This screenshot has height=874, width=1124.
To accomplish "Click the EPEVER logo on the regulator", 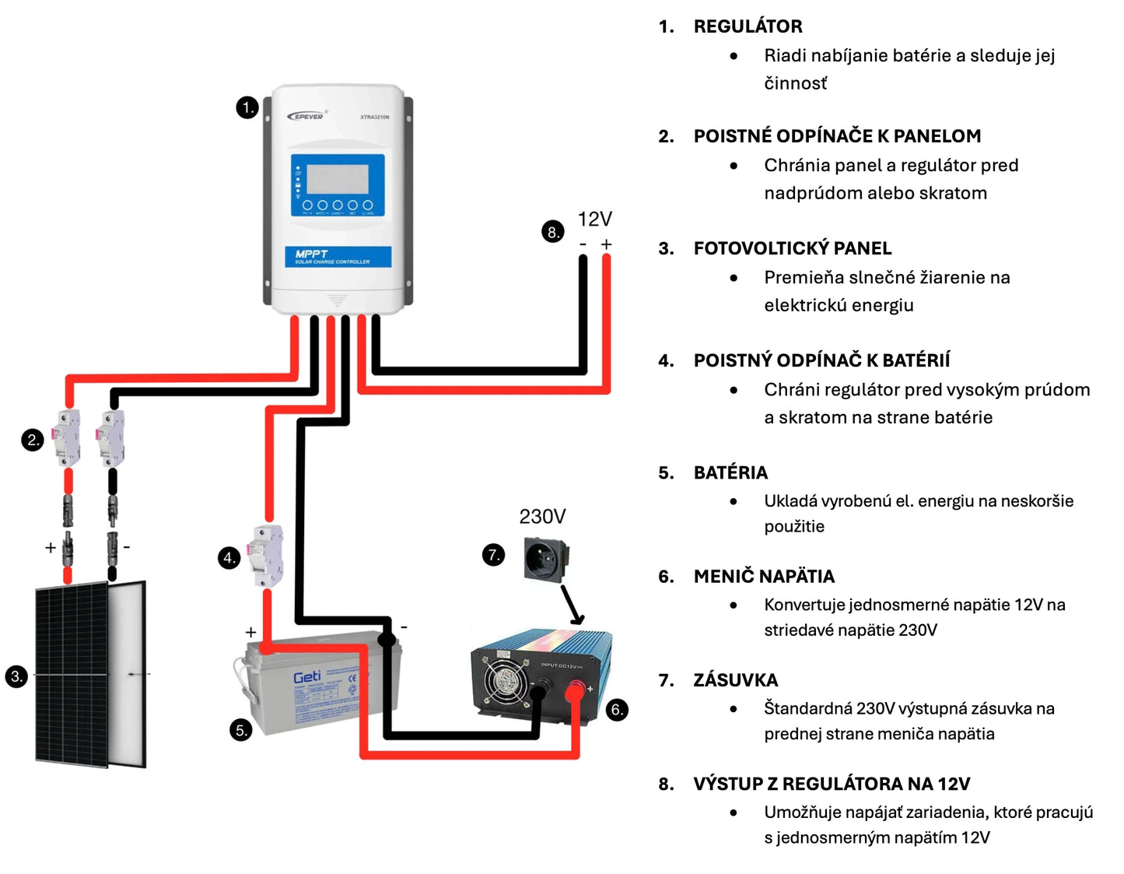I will coord(307,116).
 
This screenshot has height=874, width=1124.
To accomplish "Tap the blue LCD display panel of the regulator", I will coord(338,184).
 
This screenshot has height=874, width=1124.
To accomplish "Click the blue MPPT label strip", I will coord(338,257).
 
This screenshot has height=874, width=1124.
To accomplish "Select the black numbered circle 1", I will coord(247,107).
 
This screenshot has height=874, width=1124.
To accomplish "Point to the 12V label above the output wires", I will coord(595,219).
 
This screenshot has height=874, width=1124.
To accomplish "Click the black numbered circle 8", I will coord(552,232).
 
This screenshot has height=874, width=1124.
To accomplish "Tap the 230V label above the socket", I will coord(542,516).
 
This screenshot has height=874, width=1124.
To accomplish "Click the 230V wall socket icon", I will coord(546,558).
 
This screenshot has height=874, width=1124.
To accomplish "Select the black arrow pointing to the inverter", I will coord(572,605).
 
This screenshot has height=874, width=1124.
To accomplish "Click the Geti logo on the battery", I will coord(306,677).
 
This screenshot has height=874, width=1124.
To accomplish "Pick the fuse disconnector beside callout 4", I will coord(266,556).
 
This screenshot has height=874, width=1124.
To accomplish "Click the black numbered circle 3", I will coord(16,676).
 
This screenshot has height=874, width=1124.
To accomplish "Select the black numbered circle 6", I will coord(617,709).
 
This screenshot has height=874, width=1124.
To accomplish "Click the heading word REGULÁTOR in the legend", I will coord(748,26).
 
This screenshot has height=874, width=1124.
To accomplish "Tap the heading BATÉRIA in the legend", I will coord(730,472).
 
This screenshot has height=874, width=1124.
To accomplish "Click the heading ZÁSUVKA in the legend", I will coord(735,680).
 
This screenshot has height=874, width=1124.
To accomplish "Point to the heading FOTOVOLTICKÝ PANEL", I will coord(792,248).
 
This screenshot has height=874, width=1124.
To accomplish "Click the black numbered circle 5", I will coord(241,730).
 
